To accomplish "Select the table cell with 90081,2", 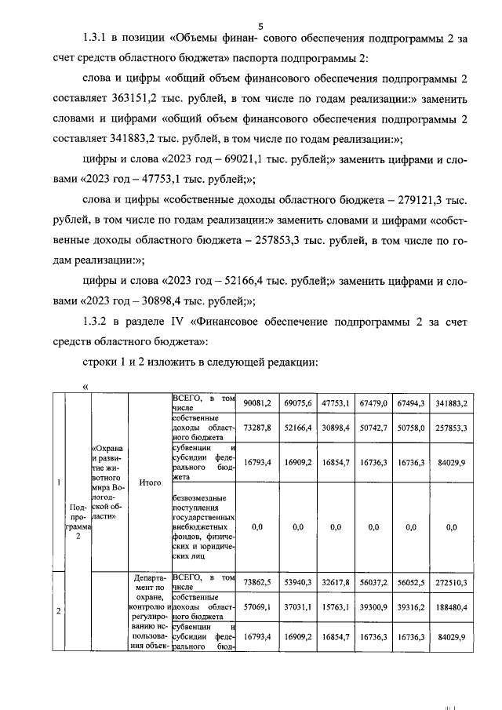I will tap(256, 403).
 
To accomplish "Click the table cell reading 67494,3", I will tap(410, 403).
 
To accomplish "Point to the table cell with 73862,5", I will tap(256, 583).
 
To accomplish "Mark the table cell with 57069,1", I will tap(256, 607).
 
